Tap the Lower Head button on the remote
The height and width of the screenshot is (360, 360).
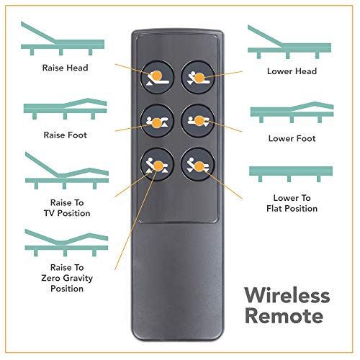[x=197, y=77]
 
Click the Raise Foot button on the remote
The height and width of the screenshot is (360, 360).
[x=157, y=121]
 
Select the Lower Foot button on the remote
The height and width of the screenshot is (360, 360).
[x=197, y=121]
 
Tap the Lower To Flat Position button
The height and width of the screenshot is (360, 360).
[x=197, y=164]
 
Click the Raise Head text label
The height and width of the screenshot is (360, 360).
[x=65, y=68]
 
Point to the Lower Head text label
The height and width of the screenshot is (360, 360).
[x=292, y=71]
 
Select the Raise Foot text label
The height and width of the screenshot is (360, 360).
[x=65, y=135]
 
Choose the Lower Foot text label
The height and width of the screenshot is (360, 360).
[x=292, y=138]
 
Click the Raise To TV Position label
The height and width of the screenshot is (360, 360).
[x=67, y=208]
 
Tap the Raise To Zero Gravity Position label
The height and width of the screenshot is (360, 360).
[x=67, y=278]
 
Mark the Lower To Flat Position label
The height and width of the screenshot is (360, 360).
[x=292, y=203]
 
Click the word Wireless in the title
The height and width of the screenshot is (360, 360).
[x=287, y=296]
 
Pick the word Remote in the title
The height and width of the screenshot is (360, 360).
[x=284, y=315]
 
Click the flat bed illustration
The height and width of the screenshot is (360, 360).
[x=291, y=174]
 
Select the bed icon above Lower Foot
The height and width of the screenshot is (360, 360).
[x=292, y=112]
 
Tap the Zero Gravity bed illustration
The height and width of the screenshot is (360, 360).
[x=66, y=243]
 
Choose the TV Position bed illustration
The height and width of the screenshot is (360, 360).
[x=67, y=171]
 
